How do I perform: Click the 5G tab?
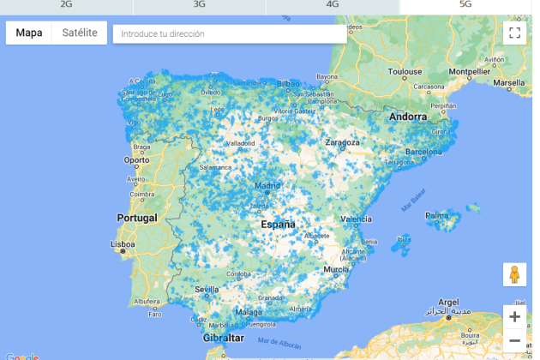coord(465,4)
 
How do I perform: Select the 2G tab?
coord(66,4)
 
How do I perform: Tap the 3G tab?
coord(199,4)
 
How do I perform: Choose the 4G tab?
coord(333,4)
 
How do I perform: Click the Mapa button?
coord(29,33)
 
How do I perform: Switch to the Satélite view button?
coord(80,33)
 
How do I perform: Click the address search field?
coord(230,34)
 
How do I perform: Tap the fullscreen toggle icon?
coord(514,33)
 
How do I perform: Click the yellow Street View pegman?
coord(514,275)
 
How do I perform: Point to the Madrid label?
coord(267,185)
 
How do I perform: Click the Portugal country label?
coord(137,218)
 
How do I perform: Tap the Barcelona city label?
coord(423,152)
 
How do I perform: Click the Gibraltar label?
coord(224,339)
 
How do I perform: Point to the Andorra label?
coord(407,117)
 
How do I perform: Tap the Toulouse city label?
coord(403,72)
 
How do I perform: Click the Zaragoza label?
coord(342,142)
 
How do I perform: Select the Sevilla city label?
coord(207,289)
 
